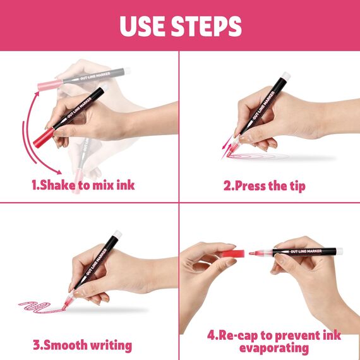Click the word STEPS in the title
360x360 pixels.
tap(206, 26)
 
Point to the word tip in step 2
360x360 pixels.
tap(297, 186)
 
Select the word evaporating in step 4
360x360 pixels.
tap(274, 348)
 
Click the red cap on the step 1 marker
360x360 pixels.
tap(44, 138)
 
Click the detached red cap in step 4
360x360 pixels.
tap(233, 253)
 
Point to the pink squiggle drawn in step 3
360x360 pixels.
tap(41, 307)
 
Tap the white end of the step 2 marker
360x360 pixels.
tap(286, 76)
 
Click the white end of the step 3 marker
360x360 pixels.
tap(117, 234)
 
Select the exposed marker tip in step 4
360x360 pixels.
tap(253, 253)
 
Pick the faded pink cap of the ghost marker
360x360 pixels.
tap(50, 85)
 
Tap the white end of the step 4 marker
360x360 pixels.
tap(340, 251)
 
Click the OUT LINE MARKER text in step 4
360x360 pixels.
tap(306, 251)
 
